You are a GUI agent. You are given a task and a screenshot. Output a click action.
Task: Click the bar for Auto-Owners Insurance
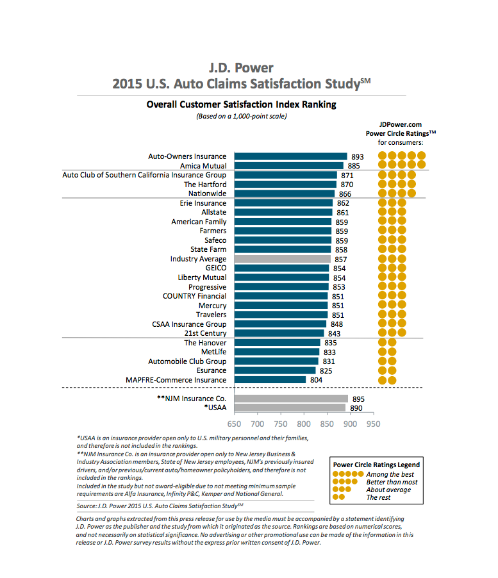pyautogui.click(x=290, y=156)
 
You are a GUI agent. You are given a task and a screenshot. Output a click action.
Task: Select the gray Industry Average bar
pyautogui.click(x=282, y=259)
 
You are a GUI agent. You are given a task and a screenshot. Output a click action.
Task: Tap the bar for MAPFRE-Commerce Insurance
pyautogui.click(x=270, y=380)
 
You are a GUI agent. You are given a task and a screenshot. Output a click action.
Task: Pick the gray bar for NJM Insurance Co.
pyautogui.click(x=291, y=399)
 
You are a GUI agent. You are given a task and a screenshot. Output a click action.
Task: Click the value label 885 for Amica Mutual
pyautogui.click(x=354, y=166)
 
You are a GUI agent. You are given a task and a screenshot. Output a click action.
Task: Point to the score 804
pyautogui.click(x=316, y=380)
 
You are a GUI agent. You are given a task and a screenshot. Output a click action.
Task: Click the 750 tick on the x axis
pyautogui.click(x=281, y=424)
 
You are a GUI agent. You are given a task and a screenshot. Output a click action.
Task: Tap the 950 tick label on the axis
pyautogui.click(x=373, y=424)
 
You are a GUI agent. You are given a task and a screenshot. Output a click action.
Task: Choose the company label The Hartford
pyautogui.click(x=205, y=185)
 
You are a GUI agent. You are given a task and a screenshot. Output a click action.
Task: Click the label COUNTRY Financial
pyautogui.click(x=194, y=296)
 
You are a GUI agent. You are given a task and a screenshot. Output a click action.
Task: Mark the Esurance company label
pyautogui.click(x=212, y=370)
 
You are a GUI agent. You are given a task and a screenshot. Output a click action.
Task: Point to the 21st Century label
pyautogui.click(x=205, y=333)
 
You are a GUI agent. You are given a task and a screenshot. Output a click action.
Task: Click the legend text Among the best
pyautogui.click(x=390, y=474)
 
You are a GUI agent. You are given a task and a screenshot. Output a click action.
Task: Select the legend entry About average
pyautogui.click(x=389, y=490)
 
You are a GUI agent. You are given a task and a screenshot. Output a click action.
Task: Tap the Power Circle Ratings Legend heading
pyautogui.click(x=376, y=465)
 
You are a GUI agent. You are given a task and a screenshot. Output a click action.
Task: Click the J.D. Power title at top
pyautogui.click(x=241, y=68)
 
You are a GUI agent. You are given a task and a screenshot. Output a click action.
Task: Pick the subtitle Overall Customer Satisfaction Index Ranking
pyautogui.click(x=241, y=104)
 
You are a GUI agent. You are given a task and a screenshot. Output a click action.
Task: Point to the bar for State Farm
pyautogui.click(x=282, y=249)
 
